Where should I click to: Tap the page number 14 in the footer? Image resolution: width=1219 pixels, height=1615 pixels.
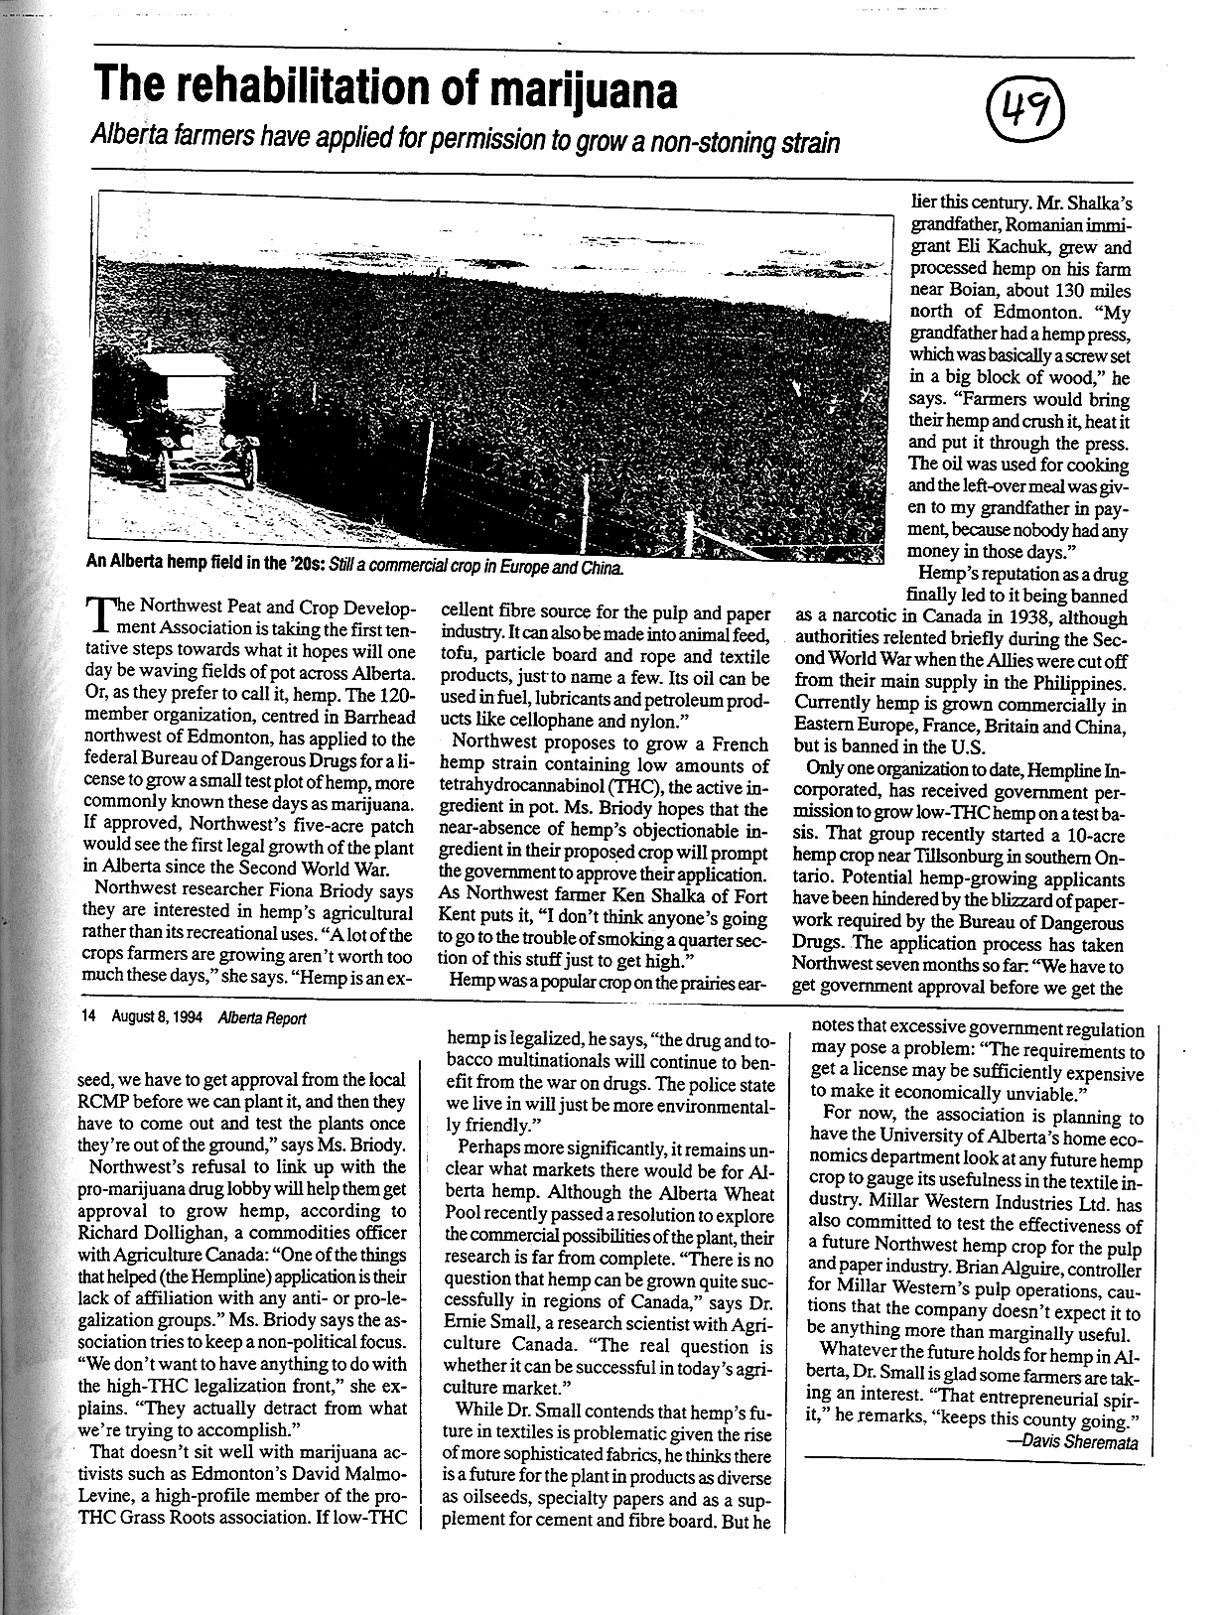(90, 1018)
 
